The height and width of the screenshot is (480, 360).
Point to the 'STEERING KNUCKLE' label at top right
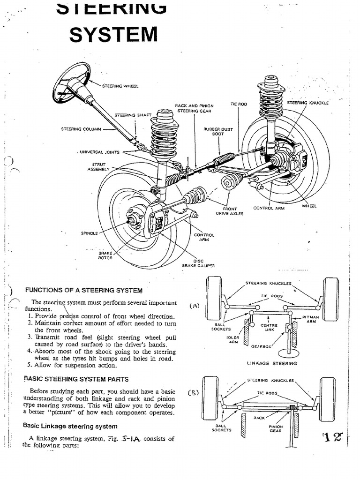coord(307,103)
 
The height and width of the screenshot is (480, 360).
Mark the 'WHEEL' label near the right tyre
coord(309,206)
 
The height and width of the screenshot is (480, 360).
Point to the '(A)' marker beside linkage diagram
coord(195,306)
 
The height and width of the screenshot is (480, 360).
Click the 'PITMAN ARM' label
coord(310,320)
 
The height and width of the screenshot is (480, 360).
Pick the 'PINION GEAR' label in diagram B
coord(276,429)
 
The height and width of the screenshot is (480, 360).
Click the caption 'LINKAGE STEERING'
coord(272,363)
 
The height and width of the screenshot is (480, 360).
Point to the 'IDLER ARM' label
coord(232,339)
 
